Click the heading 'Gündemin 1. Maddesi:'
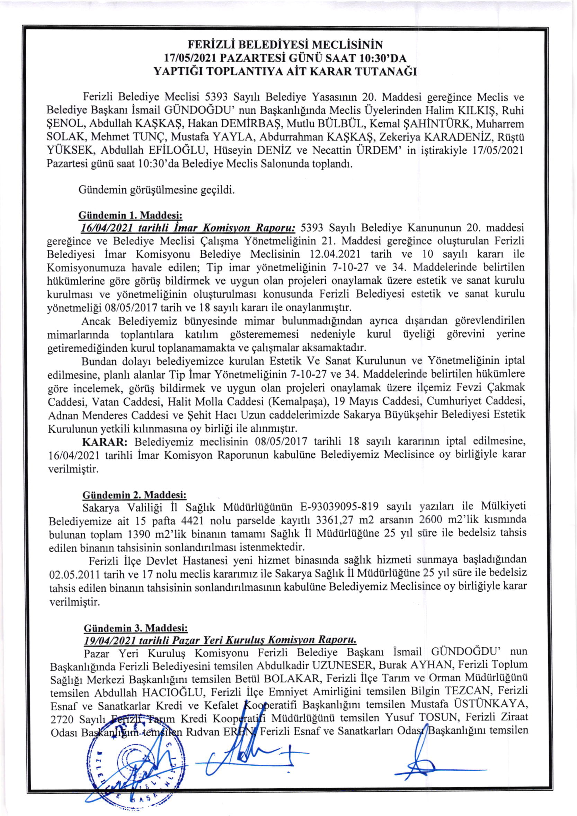coord(130,216)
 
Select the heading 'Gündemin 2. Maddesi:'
coord(134,495)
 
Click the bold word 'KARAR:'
coord(105,442)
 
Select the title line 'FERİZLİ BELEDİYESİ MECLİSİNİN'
coord(285,45)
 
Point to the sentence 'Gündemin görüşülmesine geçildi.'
coord(157,190)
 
